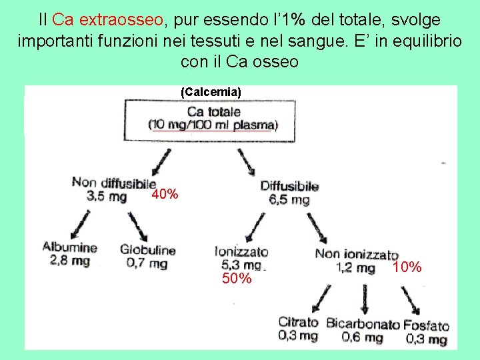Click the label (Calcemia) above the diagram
pos(211,91)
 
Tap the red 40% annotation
pos(165,195)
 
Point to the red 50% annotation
pos(237,279)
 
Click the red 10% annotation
pos(407,267)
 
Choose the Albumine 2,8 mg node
pos(69,254)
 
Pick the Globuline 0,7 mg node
pos(147,257)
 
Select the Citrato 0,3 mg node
pos(298,329)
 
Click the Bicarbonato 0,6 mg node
pos(363,331)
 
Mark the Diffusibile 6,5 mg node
pos(289,193)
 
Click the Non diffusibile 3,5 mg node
pos(113,189)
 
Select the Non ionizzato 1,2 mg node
pos(357,261)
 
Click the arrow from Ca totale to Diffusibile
pos(246,161)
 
